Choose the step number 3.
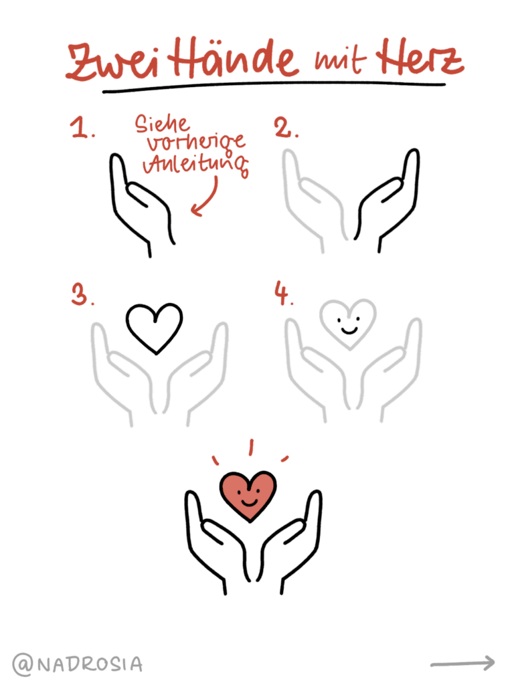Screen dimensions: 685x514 82,295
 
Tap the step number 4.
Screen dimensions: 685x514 284,295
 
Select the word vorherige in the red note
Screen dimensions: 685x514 191,143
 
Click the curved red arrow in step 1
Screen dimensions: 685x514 206,197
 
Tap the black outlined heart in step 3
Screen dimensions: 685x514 154,326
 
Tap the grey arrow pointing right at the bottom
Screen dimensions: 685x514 462,663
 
